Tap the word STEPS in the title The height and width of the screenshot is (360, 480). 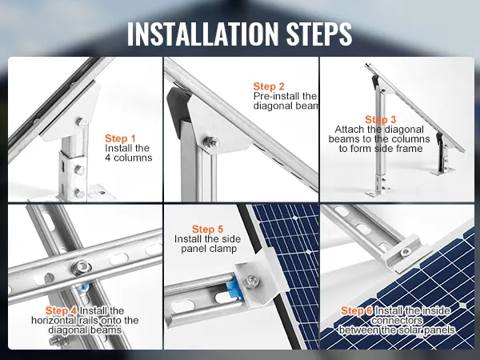click(x=319, y=34)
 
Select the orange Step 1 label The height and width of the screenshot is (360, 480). click(x=120, y=138)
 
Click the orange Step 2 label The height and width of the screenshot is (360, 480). click(x=269, y=86)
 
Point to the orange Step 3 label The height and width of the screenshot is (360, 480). click(x=381, y=119)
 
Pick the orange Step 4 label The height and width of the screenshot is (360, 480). click(x=61, y=310)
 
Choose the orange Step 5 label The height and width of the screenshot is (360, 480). click(x=207, y=229)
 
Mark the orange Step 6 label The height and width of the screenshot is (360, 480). click(x=357, y=310)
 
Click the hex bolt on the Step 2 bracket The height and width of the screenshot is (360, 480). click(x=211, y=142)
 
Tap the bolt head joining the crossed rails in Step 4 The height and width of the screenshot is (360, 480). click(x=82, y=267)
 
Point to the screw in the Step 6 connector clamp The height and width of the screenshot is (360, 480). click(x=406, y=252)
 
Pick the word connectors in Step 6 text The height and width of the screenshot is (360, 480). click(x=397, y=321)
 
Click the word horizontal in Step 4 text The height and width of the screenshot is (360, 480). click(x=54, y=320)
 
